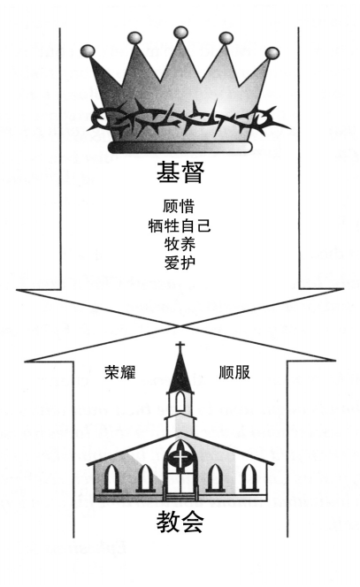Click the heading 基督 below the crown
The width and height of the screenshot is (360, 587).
(x=180, y=172)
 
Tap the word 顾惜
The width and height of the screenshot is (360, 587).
(x=179, y=206)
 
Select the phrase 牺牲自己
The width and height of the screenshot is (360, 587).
(x=180, y=225)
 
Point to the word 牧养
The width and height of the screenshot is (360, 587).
(x=180, y=244)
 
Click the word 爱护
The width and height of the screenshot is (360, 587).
(x=180, y=263)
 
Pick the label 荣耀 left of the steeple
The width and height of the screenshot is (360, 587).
(x=120, y=372)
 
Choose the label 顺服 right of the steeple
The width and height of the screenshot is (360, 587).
(x=234, y=372)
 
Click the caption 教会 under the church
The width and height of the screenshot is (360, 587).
(x=180, y=522)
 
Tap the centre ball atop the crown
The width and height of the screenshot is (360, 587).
(x=180, y=33)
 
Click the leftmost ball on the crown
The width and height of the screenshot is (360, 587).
(x=88, y=51)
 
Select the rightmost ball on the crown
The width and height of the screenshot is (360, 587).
(x=272, y=53)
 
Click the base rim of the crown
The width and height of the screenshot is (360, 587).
(x=180, y=147)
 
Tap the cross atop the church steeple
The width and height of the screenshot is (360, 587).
(x=180, y=347)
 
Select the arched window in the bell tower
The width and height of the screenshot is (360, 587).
(x=180, y=401)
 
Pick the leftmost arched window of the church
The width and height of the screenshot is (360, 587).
(x=111, y=477)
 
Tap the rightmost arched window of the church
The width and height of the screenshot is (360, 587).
(x=249, y=477)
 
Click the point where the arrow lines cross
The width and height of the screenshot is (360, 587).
(x=180, y=326)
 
